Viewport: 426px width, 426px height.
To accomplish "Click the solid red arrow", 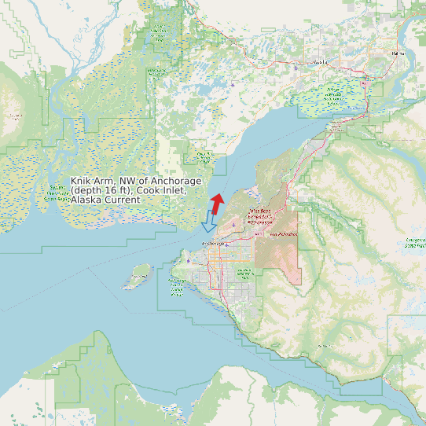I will click(217, 201).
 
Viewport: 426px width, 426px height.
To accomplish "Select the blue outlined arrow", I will click(208, 222).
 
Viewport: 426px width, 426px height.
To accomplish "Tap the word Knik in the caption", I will click(82, 182).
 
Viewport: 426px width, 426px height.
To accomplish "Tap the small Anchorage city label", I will click(212, 244).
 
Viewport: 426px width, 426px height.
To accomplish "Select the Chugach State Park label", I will click(415, 244).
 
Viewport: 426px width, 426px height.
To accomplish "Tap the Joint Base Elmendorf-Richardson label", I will click(259, 216).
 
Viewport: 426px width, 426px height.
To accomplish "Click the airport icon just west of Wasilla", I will click(296, 67).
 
